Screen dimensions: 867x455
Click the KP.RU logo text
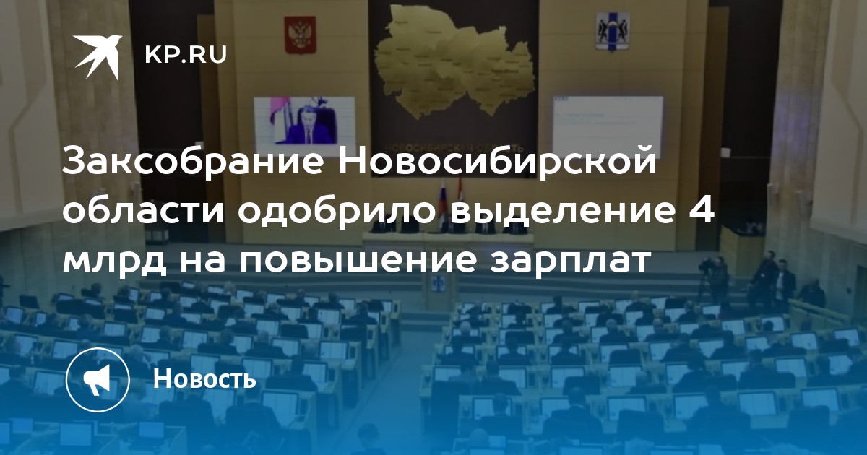coord(186,56)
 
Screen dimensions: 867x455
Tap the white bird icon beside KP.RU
coord(98,56)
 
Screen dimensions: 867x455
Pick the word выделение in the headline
coord(562,212)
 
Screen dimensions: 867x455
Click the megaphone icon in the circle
coord(98,379)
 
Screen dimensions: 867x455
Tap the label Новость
coord(204,378)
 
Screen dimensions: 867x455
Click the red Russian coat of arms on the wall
coord(301,35)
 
